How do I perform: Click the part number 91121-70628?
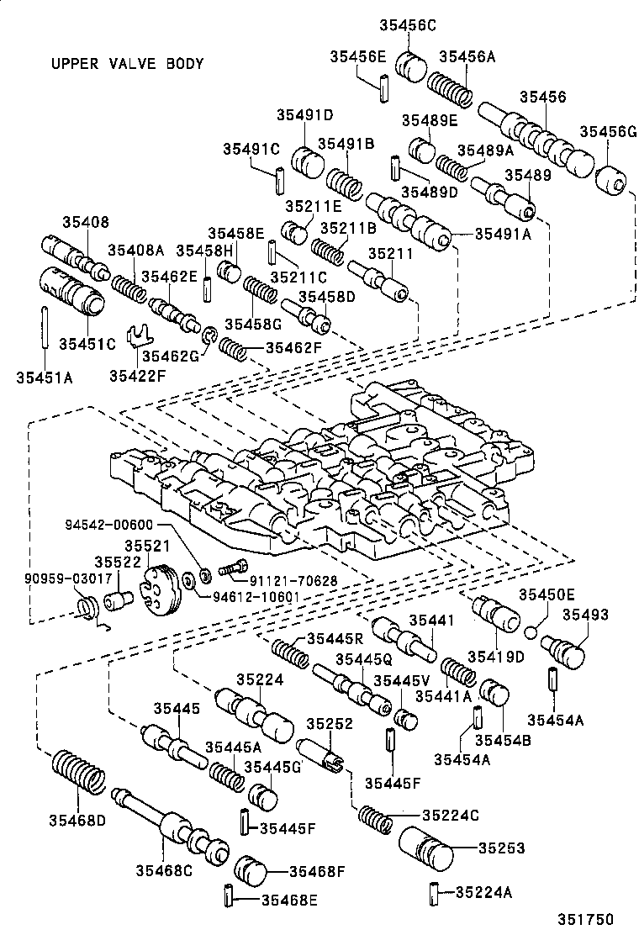tap(293, 580)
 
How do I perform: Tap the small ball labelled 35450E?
tap(531, 631)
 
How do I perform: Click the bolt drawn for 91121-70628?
tap(230, 568)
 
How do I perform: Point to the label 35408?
tap(85, 222)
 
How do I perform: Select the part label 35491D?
tap(302, 115)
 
